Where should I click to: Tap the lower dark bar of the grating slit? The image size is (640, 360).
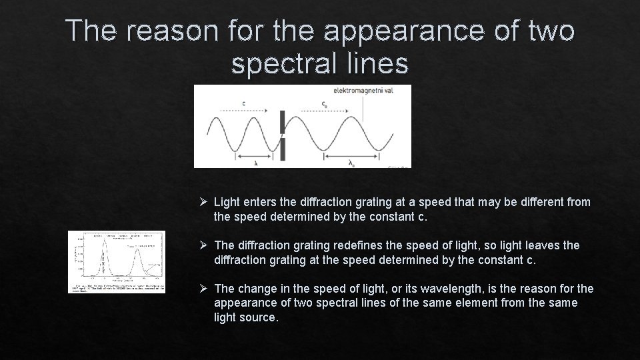[x=283, y=149]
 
